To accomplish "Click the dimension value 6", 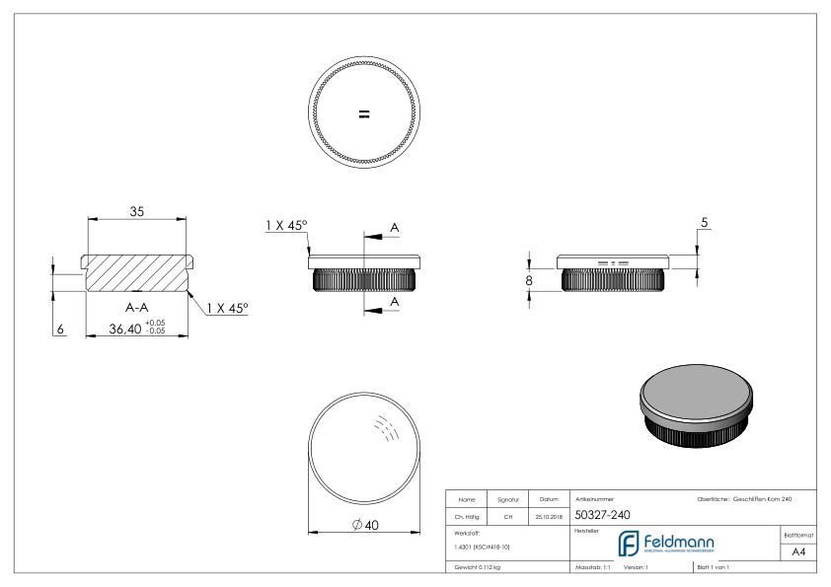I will pyautogui.click(x=60, y=330).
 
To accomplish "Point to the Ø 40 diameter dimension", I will pyautogui.click(x=364, y=525).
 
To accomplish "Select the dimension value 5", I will pyautogui.click(x=704, y=224).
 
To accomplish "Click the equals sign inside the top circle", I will pyautogui.click(x=363, y=114).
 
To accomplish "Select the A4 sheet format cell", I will pyautogui.click(x=797, y=552).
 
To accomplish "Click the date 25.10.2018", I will pyautogui.click(x=549, y=515).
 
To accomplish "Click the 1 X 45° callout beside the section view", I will pyautogui.click(x=227, y=308).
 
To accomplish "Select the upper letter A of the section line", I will pyautogui.click(x=395, y=228).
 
